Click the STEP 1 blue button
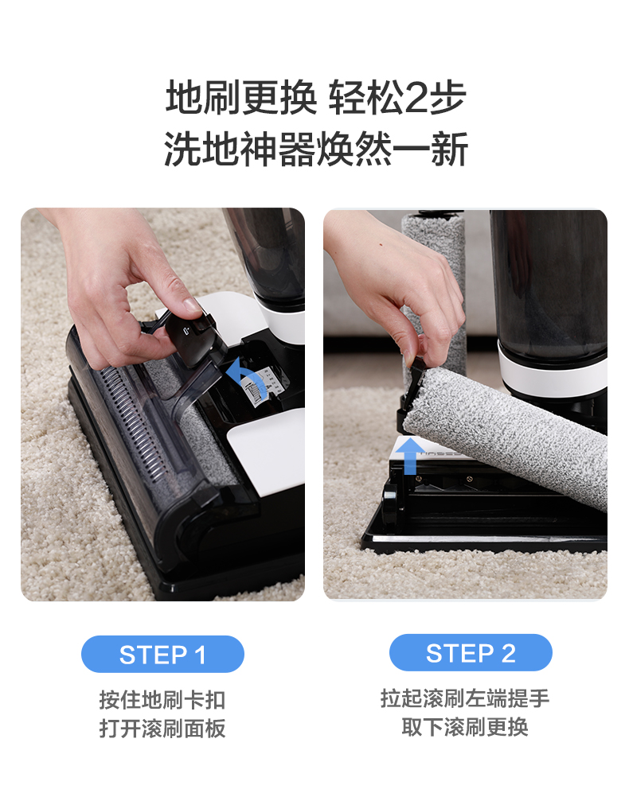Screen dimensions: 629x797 click(x=162, y=654)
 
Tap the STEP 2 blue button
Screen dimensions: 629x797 click(x=471, y=653)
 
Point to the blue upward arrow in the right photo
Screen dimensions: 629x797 click(x=410, y=456)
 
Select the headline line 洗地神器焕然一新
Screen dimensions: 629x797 click(x=315, y=150)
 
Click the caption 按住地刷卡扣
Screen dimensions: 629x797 click(x=162, y=699)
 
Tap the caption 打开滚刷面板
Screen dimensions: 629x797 click(x=162, y=728)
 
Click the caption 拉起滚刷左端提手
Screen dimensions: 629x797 click(x=465, y=698)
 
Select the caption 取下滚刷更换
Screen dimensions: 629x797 click(x=465, y=726)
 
